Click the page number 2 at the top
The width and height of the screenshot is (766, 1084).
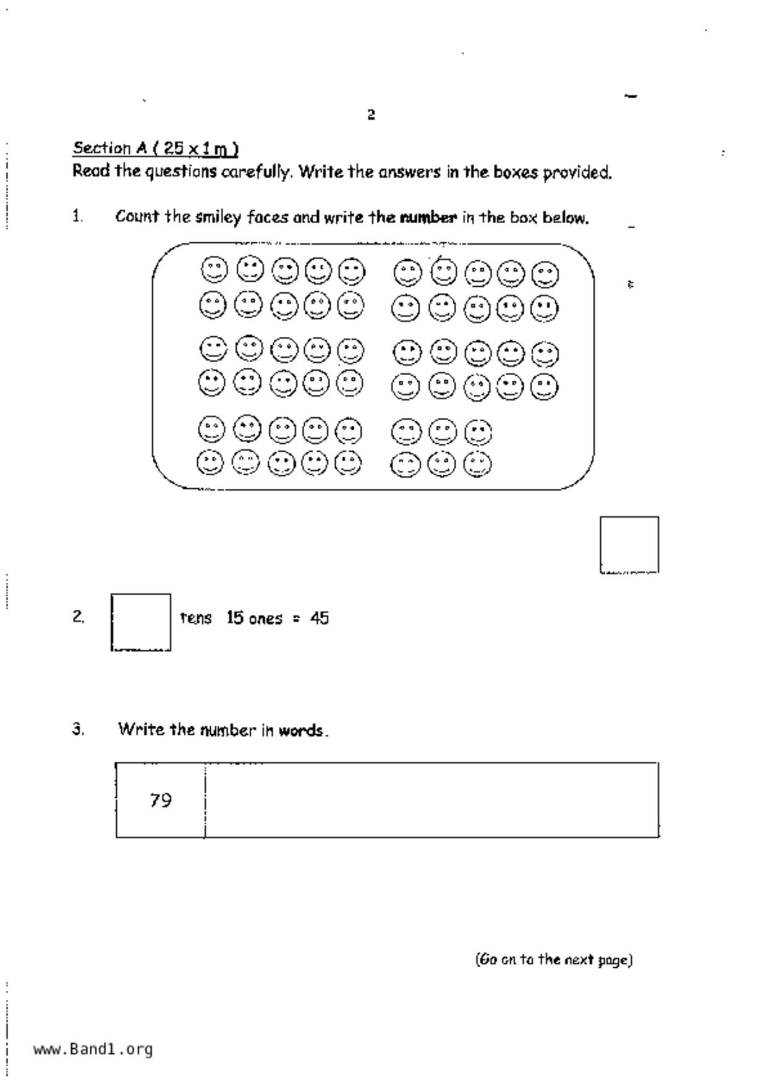371,115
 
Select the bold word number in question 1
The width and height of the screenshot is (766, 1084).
428,218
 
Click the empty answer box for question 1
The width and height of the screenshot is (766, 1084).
629,544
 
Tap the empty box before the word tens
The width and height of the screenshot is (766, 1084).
141,622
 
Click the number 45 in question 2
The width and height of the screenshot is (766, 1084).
320,618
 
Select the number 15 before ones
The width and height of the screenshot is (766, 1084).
235,618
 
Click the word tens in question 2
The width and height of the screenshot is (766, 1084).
195,618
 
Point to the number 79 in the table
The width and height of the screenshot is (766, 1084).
160,800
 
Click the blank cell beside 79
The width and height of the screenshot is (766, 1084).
431,800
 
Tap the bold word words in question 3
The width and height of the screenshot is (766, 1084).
300,730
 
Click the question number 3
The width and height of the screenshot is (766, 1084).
78,729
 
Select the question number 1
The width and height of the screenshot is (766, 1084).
77,216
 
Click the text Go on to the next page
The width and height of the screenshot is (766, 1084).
553,959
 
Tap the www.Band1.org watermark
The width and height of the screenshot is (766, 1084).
93,1049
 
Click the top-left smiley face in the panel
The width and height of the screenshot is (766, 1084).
215,270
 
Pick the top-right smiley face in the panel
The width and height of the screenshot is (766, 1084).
545,275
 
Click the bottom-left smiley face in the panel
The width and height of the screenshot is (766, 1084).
210,463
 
